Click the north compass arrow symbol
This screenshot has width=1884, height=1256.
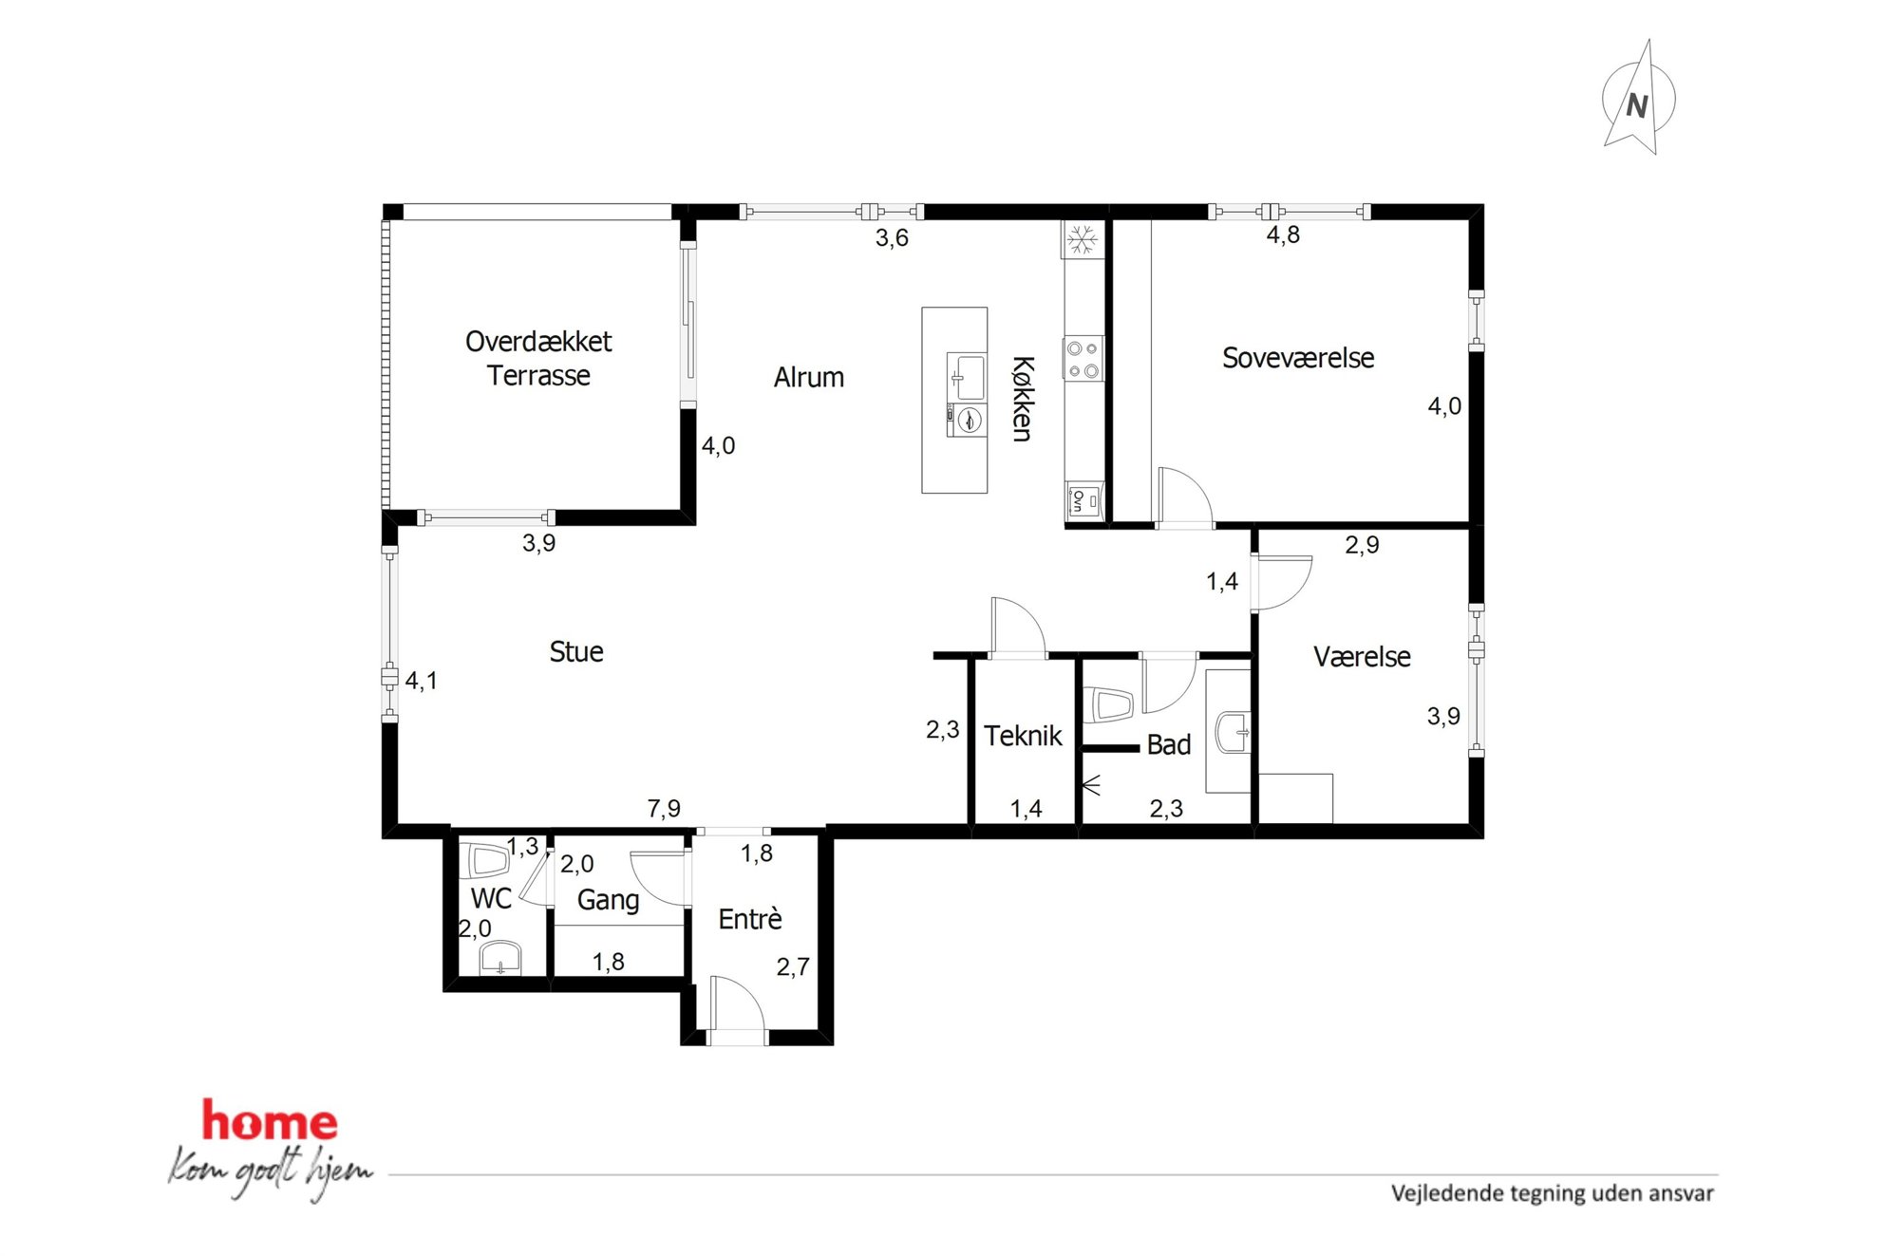(1638, 99)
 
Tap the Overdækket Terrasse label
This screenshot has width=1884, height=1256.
(538, 359)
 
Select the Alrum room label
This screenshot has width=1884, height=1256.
(808, 378)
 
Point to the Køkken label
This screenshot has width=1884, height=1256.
(1023, 399)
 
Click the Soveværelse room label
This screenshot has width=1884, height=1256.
(1298, 358)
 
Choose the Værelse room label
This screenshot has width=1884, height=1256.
(1362, 657)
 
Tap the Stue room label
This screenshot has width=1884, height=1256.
(576, 651)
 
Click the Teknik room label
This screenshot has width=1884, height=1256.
(1023, 736)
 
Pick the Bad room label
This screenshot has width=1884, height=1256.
(1169, 745)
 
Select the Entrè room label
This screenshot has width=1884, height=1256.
(750, 919)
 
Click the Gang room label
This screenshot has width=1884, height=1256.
(608, 900)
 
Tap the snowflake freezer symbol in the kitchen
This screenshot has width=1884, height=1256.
(1082, 239)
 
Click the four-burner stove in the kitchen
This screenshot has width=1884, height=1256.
(1083, 359)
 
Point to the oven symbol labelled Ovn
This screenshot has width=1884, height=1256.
(1083, 500)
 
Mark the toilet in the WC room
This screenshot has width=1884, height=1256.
(486, 861)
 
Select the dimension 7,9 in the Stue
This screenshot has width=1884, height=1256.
(664, 808)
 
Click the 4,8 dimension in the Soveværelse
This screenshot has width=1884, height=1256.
(1283, 234)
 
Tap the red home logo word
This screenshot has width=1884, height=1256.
(270, 1121)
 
